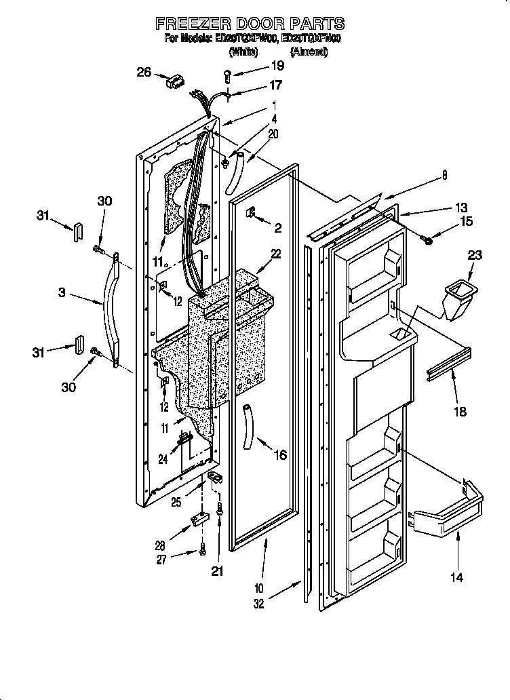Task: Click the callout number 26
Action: pos(143,72)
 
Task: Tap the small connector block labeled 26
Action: pos(174,83)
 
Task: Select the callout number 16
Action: pos(280,454)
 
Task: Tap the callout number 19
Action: pos(277,66)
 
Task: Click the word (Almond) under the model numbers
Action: pos(309,52)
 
